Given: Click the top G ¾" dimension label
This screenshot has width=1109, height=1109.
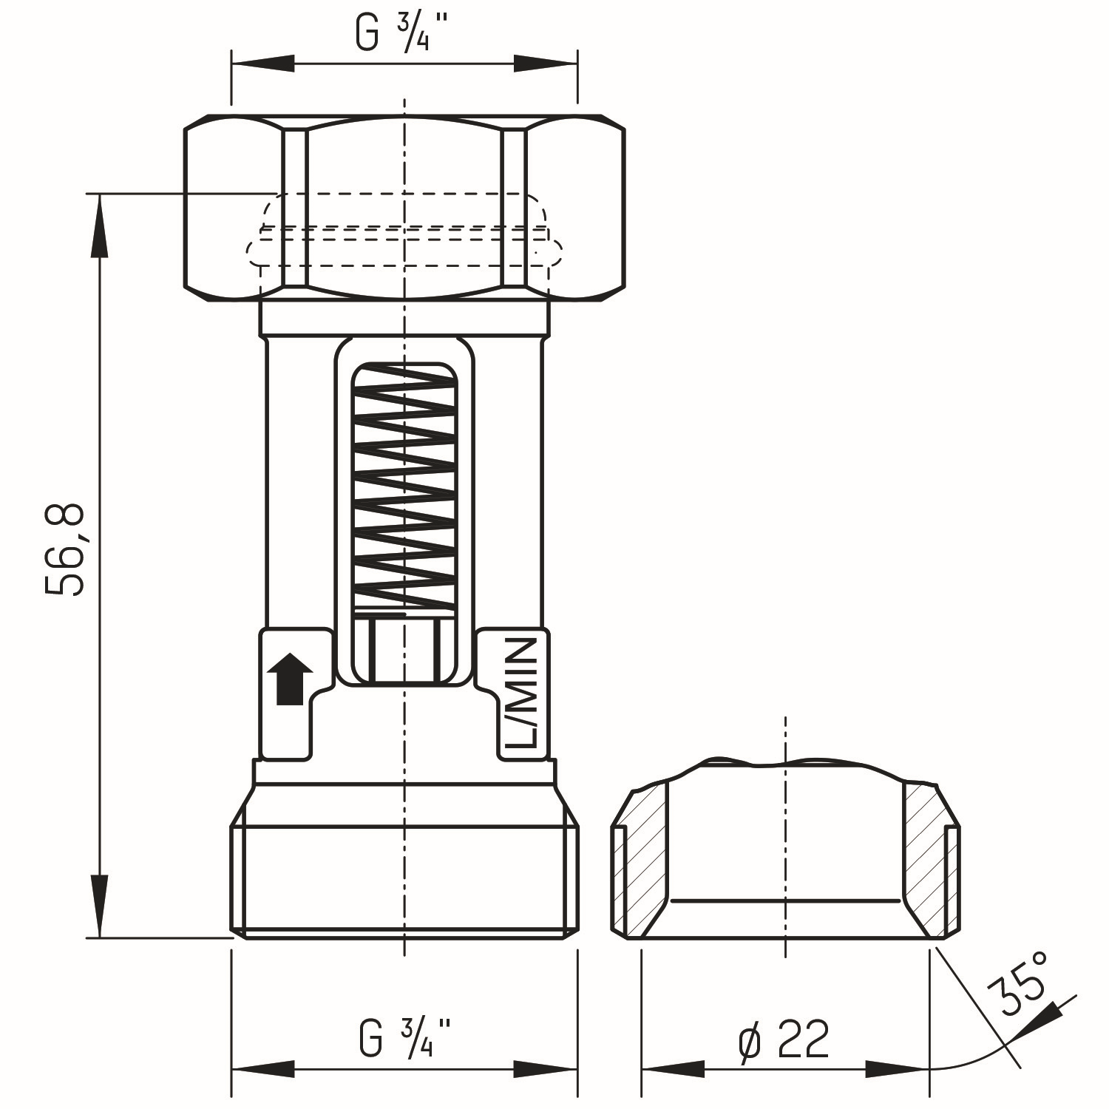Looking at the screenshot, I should tap(403, 33).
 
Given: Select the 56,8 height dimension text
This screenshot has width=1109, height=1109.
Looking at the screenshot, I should tap(65, 551).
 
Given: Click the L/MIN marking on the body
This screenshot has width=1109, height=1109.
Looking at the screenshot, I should tap(523, 693).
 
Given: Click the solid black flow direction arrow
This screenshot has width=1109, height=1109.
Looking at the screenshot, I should tap(290, 679).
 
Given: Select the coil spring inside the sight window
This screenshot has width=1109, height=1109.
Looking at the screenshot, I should tap(404, 488).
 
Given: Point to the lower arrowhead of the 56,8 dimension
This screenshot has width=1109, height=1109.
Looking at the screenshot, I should tap(99, 906).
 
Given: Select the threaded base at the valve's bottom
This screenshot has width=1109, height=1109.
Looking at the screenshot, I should tap(404, 880).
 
